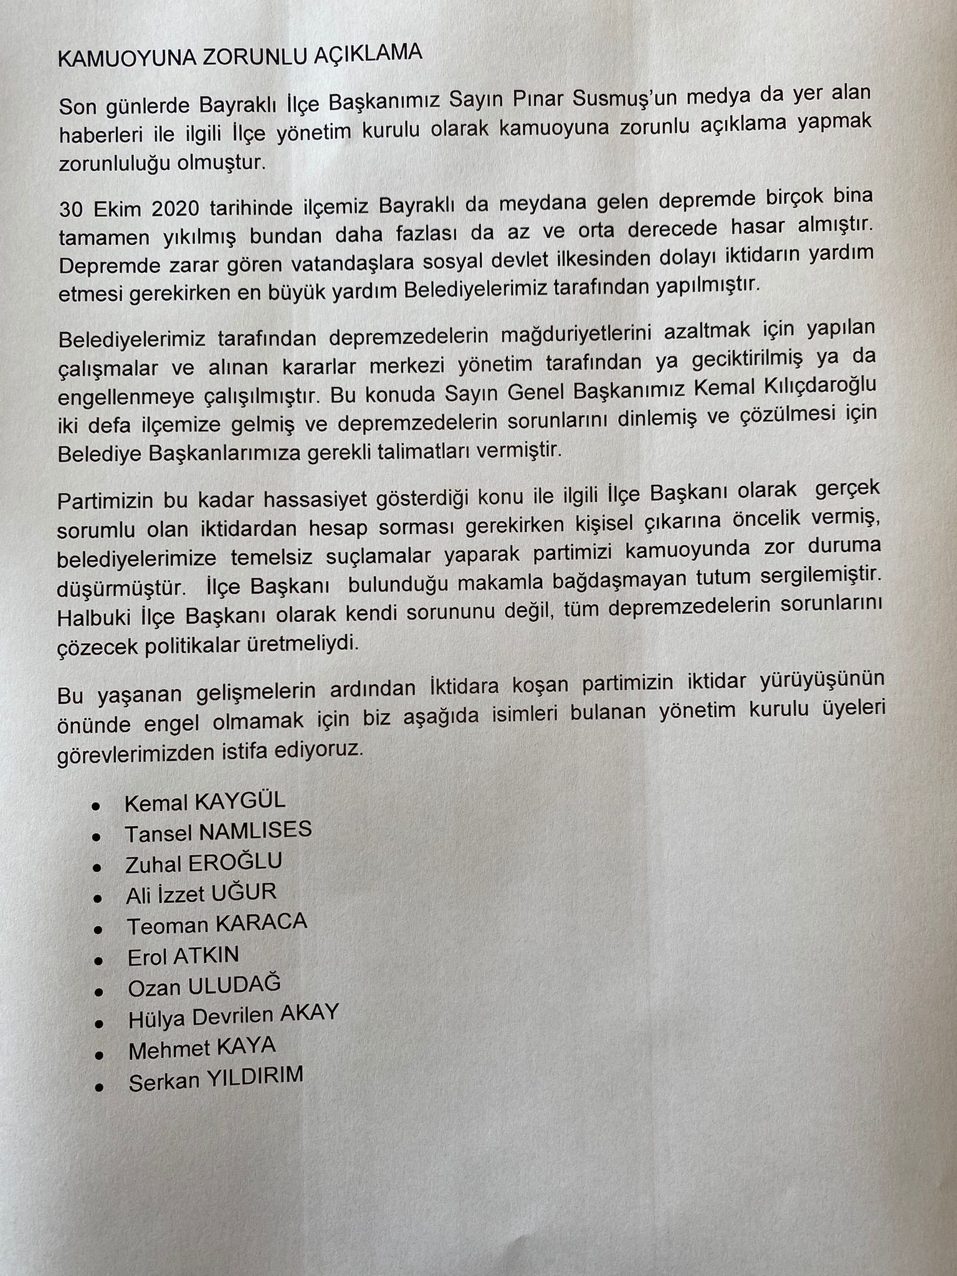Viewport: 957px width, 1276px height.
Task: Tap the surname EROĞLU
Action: pyautogui.click(x=236, y=862)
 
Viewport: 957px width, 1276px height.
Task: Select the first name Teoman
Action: pyautogui.click(x=167, y=926)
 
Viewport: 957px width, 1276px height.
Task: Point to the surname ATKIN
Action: pyautogui.click(x=206, y=956)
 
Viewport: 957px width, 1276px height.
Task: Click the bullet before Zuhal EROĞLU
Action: pyautogui.click(x=97, y=867)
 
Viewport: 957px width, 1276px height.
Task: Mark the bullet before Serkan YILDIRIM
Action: pyautogui.click(x=98, y=1087)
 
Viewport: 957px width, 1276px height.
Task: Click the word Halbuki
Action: pyautogui.click(x=98, y=616)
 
